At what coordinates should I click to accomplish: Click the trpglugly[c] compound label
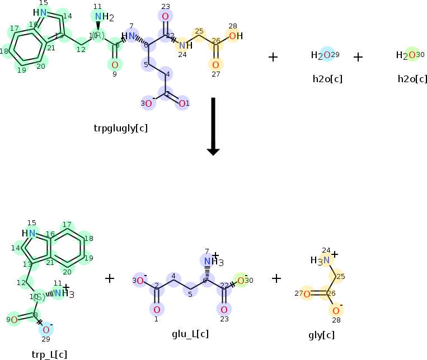[x=121, y=128]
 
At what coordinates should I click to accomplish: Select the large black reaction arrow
[x=213, y=126]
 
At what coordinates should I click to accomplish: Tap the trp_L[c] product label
[x=50, y=353]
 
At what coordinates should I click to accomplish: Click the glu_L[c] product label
[x=190, y=334]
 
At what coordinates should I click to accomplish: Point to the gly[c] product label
[x=321, y=335]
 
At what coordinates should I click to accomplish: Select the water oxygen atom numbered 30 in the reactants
[x=412, y=55]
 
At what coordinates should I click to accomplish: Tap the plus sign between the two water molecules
[x=358, y=56]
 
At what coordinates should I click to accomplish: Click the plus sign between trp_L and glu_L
[x=110, y=278]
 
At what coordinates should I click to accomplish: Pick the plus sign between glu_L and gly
[x=276, y=278]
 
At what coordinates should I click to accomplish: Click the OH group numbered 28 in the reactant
[x=234, y=36]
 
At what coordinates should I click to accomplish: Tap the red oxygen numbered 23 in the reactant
[x=165, y=16]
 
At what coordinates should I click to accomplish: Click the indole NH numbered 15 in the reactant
[x=40, y=12]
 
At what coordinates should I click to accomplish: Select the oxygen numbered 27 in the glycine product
[x=306, y=294]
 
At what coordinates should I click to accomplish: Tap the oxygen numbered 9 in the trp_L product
[x=14, y=320]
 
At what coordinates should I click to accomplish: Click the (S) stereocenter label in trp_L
[x=38, y=297]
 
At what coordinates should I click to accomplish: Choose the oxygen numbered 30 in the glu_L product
[x=241, y=280]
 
